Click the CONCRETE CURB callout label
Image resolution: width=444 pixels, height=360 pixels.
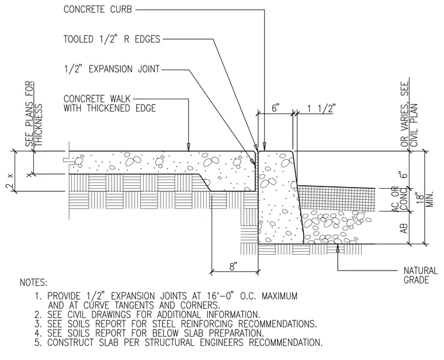pos(98,9)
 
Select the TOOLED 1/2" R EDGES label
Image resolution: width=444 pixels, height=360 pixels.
pos(112,39)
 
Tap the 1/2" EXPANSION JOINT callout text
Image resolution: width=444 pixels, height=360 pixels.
pos(112,69)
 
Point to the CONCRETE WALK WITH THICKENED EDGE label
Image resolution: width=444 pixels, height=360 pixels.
pos(110,103)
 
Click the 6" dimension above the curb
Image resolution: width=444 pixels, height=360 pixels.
pos(276,108)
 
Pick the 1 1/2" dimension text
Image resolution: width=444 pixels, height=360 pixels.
pos(321,108)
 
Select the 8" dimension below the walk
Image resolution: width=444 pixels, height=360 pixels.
pos(233,266)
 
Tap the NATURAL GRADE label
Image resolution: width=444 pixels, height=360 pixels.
pos(421,275)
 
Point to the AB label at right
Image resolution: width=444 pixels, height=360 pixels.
pos(404,229)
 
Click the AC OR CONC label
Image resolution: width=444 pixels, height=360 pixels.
pos(399,199)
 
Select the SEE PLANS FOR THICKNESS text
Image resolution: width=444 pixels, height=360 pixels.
pos(34,114)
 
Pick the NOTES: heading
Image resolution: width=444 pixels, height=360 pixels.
pos(34,282)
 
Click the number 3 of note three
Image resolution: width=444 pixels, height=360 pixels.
pos(38,324)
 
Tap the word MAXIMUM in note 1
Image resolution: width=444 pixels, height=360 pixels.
pos(279,296)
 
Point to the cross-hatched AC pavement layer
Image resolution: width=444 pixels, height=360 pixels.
pos(337,198)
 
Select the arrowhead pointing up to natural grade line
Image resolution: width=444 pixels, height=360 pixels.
pos(337,247)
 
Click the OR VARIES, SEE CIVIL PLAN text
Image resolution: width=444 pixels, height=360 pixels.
pos(409,114)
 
